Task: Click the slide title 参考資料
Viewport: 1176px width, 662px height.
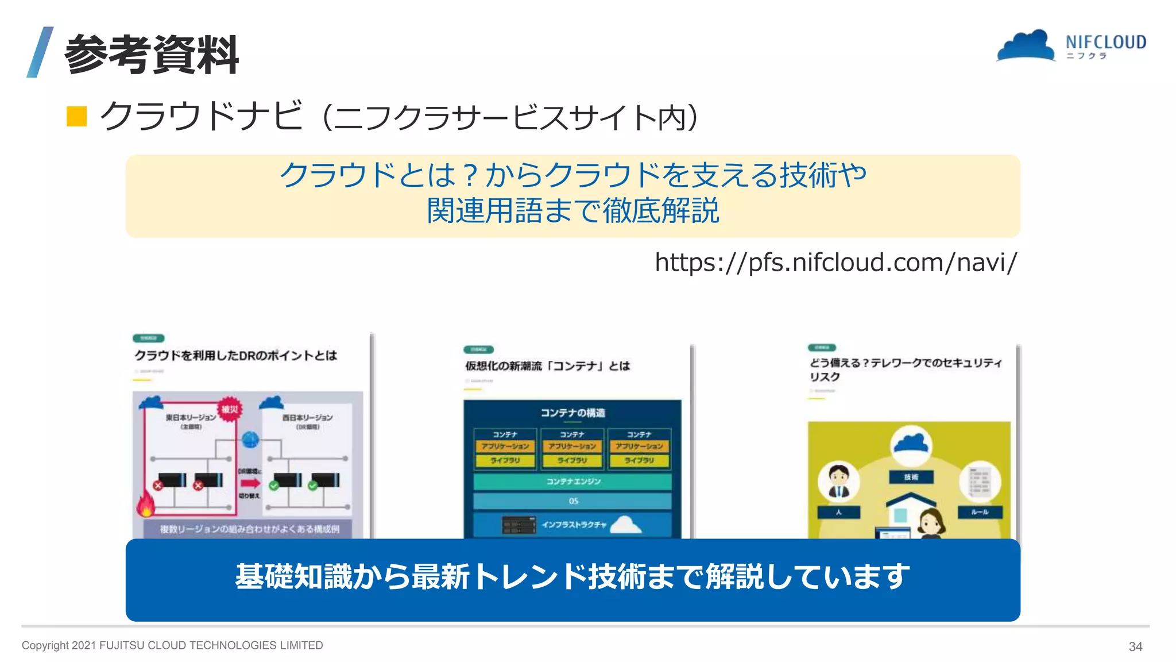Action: pos(151,54)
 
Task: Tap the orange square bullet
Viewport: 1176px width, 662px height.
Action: pos(76,116)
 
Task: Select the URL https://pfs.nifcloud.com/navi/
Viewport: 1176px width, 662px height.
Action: pos(835,263)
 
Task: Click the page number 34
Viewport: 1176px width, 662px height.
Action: pos(1135,646)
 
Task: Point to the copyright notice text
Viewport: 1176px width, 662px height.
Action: pos(172,645)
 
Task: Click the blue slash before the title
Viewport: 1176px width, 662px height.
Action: pos(40,52)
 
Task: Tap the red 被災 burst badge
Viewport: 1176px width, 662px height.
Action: pos(230,409)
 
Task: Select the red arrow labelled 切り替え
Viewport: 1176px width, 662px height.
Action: pos(250,483)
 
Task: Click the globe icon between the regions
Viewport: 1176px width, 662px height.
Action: pos(250,440)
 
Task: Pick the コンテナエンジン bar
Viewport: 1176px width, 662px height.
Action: pos(572,482)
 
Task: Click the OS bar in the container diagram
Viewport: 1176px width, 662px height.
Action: pos(572,501)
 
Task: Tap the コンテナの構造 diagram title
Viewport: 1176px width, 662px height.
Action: pos(572,413)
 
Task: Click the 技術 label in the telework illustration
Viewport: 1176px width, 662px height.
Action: pos(911,477)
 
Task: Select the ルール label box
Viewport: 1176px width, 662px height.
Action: pos(980,512)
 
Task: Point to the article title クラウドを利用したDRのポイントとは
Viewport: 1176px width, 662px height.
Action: pos(235,356)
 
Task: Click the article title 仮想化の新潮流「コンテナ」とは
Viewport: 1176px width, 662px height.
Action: pos(547,366)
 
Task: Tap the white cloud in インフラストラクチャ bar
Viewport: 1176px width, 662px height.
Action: pos(626,525)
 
